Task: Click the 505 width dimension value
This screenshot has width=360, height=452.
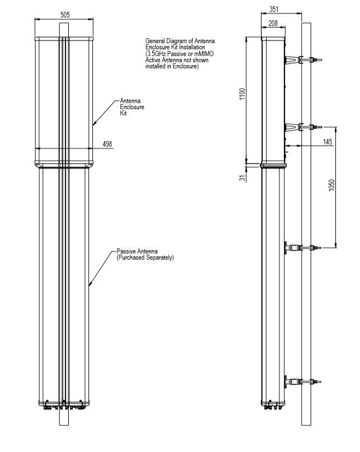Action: click(x=64, y=15)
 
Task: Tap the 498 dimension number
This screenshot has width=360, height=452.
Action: click(x=107, y=144)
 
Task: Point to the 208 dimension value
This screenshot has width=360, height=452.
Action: click(x=273, y=22)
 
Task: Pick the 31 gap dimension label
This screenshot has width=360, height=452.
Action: click(x=242, y=177)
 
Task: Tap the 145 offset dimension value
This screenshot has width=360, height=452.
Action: click(x=328, y=142)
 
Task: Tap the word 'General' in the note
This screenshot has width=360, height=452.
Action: click(x=156, y=41)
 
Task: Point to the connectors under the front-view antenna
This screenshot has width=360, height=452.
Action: click(x=63, y=403)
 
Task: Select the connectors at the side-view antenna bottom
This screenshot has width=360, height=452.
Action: click(x=273, y=404)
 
